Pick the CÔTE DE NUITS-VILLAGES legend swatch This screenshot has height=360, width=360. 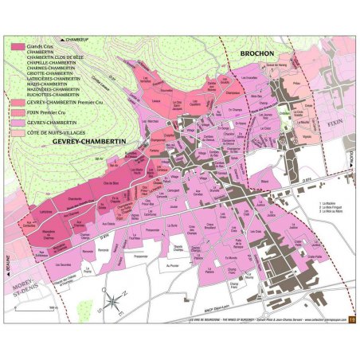tap(18, 132)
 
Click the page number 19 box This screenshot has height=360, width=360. tap(351, 320)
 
